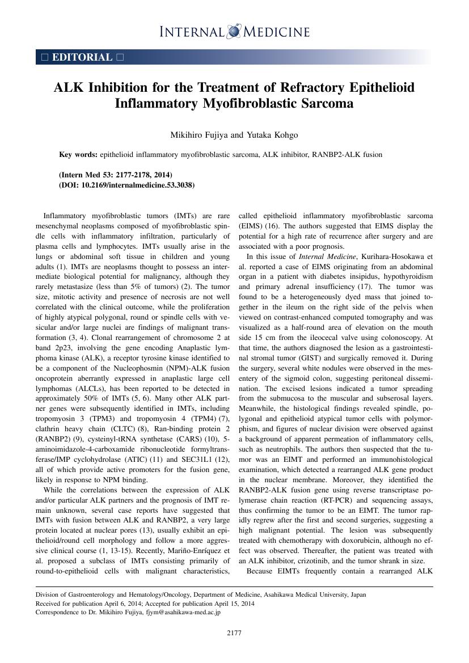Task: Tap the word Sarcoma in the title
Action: [324, 104]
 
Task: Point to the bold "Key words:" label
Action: [78, 154]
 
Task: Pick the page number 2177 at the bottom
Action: [234, 633]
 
